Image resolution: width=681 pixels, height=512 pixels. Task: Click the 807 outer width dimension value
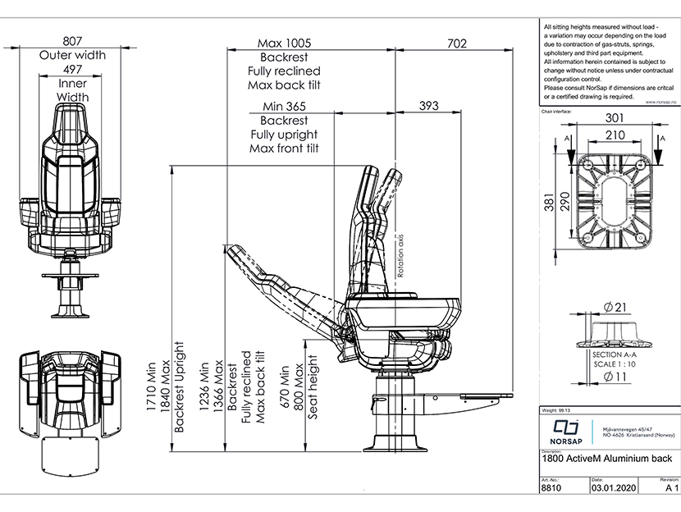73,41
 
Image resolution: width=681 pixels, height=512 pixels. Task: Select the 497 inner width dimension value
73,71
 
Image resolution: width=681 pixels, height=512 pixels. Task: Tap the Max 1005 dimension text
284,43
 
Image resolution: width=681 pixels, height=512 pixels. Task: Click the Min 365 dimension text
284,106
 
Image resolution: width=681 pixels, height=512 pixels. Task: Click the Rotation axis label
401,256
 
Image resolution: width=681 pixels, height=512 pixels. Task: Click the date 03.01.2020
612,487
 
